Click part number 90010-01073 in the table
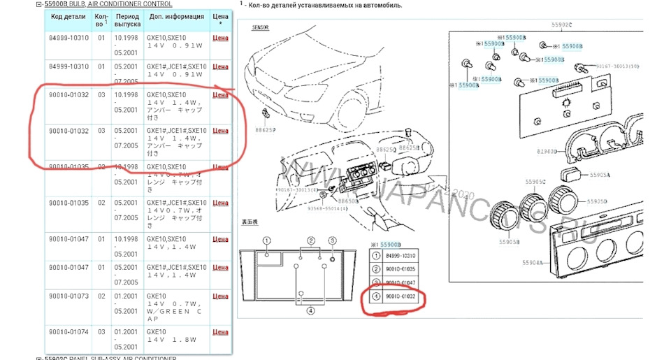click(x=68, y=296)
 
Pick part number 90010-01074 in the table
click(x=68, y=331)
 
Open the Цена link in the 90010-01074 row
click(x=220, y=331)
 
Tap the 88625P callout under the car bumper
click(x=265, y=129)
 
